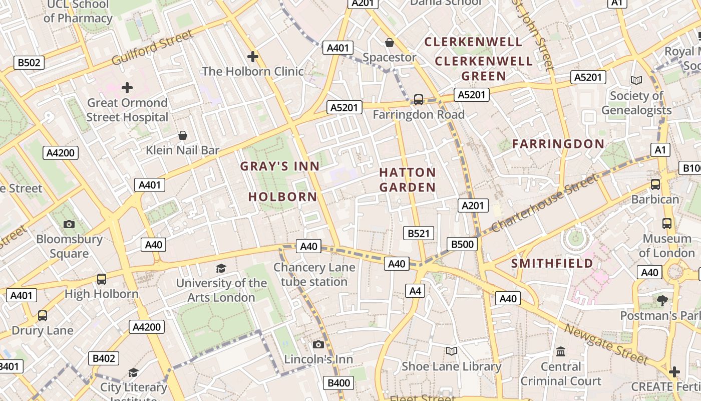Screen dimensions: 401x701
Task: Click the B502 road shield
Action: pos(29,63)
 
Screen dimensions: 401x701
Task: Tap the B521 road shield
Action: pos(419,233)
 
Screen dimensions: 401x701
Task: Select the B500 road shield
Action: pos(462,244)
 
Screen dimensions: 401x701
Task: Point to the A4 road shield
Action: pos(416,291)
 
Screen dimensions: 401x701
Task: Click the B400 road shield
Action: pos(338,383)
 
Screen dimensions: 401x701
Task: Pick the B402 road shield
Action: pos(104,358)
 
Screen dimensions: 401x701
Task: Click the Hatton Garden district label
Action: pos(407,180)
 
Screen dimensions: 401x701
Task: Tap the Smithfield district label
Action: pos(552,263)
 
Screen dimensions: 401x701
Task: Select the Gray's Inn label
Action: pos(279,166)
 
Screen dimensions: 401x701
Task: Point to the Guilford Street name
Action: pos(152,48)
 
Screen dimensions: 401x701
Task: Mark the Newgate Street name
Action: pos(606,344)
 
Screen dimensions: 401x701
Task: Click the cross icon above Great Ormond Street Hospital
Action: pos(127,88)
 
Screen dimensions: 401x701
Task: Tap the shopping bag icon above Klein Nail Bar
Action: pos(183,135)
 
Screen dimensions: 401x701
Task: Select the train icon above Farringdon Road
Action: pos(419,100)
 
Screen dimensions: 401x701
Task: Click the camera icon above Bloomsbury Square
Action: pos(69,224)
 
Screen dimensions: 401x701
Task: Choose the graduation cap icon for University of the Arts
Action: pos(221,268)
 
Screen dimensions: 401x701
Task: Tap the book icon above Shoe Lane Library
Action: pos(452,351)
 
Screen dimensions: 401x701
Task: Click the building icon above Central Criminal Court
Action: pos(561,351)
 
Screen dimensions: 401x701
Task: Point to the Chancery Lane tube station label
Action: pos(314,275)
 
